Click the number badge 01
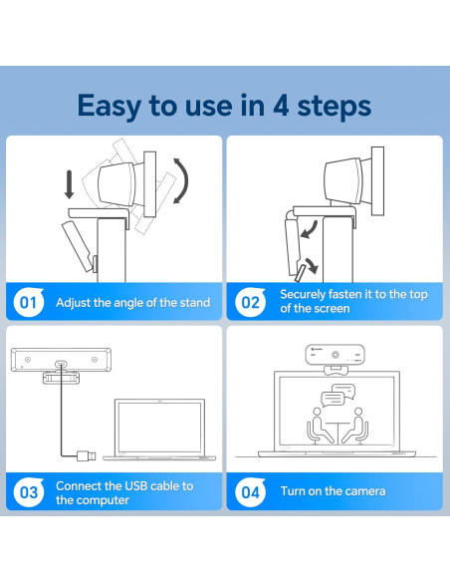coord(29,302)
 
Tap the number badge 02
coord(250,302)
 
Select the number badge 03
coord(29,492)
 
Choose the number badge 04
coord(250,492)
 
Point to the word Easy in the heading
coord(109,107)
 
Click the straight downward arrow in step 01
coord(69,184)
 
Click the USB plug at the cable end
coord(87,455)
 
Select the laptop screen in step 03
coord(159,428)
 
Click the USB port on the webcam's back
coord(61,364)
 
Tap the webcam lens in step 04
coord(336,355)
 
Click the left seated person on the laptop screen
coord(320,426)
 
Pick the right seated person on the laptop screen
coord(355,426)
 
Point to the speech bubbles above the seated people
coord(337,396)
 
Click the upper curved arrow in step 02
coord(310,229)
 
